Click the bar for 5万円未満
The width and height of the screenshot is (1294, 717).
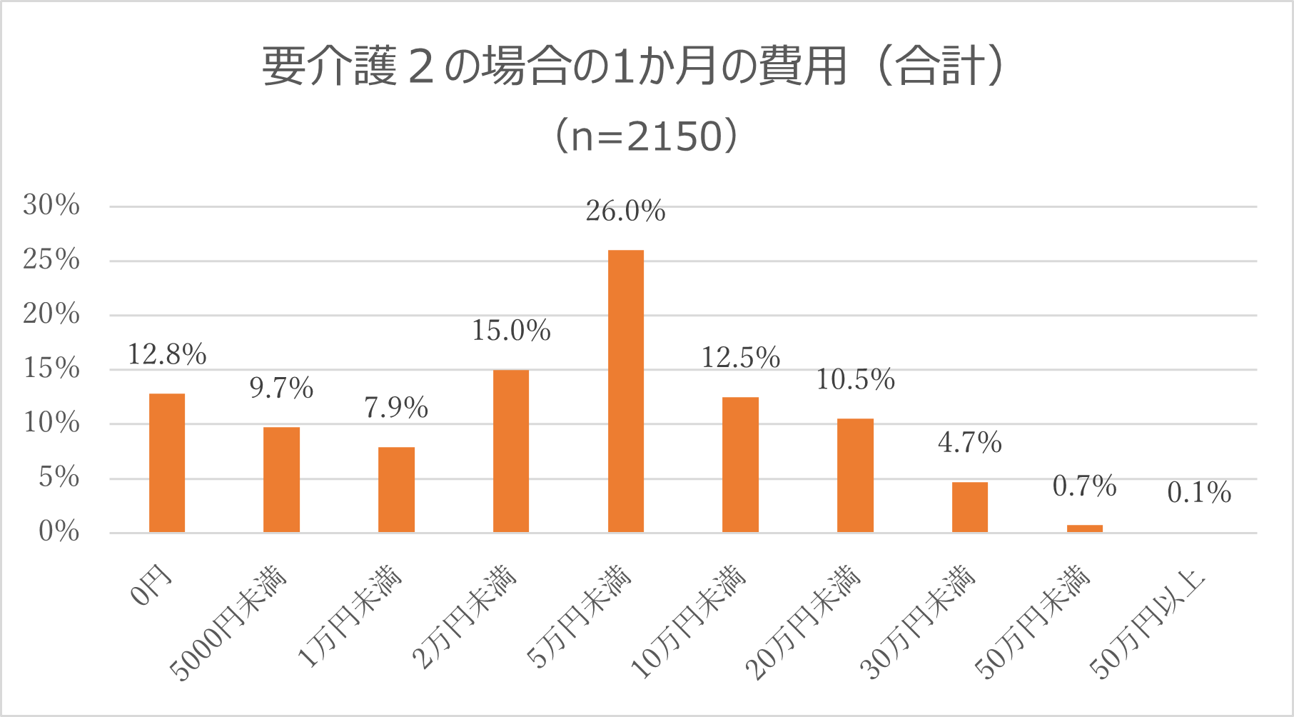click(625, 391)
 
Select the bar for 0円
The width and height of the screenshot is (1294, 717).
click(167, 463)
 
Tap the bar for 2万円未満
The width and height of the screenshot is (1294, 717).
click(511, 451)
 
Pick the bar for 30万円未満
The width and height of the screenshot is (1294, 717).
click(969, 507)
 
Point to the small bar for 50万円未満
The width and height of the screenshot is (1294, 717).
click(1084, 528)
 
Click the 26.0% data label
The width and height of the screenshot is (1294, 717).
click(625, 211)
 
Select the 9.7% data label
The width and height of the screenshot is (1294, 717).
click(281, 388)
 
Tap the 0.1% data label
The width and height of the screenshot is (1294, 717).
click(1199, 493)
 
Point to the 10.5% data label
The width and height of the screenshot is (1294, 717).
click(855, 380)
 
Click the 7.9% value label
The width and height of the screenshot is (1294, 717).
click(396, 408)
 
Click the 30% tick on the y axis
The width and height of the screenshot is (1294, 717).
click(51, 206)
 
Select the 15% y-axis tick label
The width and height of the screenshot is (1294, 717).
click(51, 368)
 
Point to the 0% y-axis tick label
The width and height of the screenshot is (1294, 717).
click(59, 532)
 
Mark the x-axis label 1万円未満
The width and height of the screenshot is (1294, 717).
click(350, 617)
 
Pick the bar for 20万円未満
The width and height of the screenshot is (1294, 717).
click(855, 475)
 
